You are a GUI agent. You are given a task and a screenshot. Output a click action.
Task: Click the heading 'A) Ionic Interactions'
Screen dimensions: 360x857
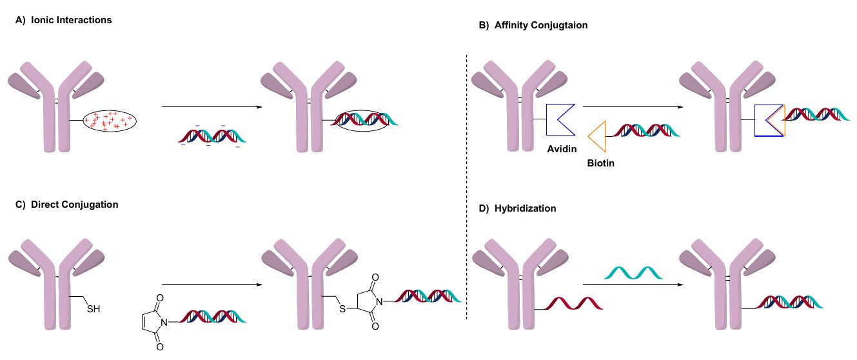63,20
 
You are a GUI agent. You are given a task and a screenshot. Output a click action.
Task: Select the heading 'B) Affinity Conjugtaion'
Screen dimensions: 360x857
533,25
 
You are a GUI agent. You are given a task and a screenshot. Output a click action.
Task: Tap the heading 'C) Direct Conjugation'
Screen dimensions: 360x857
66,205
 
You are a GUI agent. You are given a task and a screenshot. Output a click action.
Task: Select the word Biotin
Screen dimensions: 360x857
600,163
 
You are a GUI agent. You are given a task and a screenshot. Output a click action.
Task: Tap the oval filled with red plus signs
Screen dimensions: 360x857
110,120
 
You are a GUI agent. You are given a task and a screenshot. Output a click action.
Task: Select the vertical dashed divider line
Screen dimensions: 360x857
466,187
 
